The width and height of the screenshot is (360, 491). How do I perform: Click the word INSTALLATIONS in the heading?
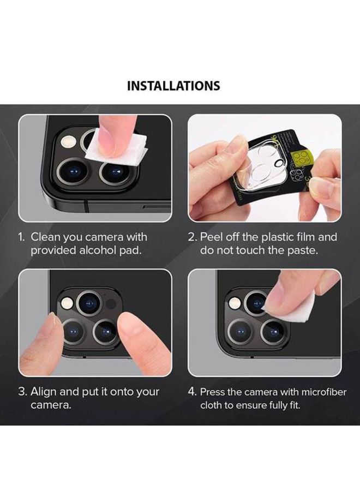[x=173, y=86]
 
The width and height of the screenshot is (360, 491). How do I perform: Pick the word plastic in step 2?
[x=281, y=237]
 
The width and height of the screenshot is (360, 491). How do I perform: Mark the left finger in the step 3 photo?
[x=42, y=341]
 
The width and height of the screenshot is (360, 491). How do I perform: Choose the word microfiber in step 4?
[x=308, y=392]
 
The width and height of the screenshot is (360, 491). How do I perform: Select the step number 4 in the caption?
[x=192, y=392]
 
